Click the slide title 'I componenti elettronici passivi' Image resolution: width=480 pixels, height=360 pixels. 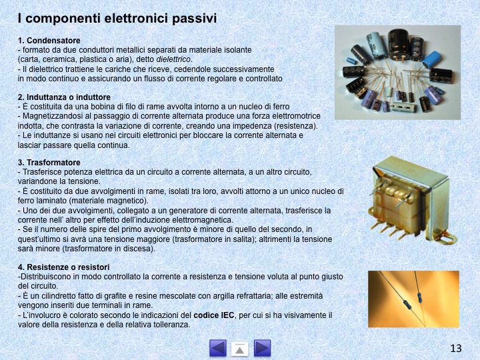coord(117,19)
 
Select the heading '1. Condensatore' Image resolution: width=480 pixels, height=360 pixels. coord(49,41)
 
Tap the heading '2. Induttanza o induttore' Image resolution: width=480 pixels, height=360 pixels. coord(64,97)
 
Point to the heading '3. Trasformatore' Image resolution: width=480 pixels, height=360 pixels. coord(49,162)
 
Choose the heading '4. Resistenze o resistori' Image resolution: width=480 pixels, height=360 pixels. coord(63,267)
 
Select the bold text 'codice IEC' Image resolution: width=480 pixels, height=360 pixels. coord(214,315)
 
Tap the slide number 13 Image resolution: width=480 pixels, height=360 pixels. coord(456,348)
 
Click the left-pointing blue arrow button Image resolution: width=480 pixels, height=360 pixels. coord(218,348)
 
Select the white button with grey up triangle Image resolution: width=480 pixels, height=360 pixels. coord(240,349)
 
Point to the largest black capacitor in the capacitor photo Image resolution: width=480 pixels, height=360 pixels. coord(399,45)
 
